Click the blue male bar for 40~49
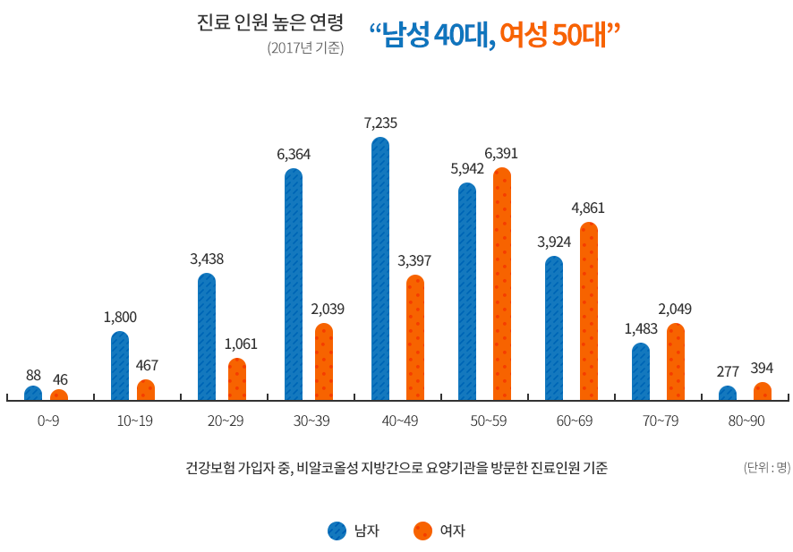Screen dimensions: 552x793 [380, 268]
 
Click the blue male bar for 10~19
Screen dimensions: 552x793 [120, 366]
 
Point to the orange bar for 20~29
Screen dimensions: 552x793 [237, 379]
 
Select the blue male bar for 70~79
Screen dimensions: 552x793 [641, 371]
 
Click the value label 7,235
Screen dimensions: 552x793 [380, 123]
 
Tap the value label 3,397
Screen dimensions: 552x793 [414, 260]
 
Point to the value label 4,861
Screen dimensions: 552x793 [588, 208]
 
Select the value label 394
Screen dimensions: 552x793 [762, 369]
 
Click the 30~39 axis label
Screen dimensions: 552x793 [311, 421]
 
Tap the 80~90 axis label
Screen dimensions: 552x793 [745, 421]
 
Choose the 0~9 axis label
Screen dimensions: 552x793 [49, 421]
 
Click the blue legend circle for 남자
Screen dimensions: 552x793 [337, 531]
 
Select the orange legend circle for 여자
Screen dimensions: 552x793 [422, 531]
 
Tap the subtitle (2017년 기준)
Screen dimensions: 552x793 [305, 48]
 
